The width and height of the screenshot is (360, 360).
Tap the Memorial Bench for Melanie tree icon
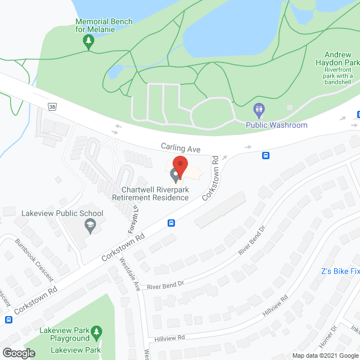[x=88, y=40]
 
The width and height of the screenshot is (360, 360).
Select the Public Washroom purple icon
[x=259, y=109]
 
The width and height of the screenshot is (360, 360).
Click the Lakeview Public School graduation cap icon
[x=89, y=226]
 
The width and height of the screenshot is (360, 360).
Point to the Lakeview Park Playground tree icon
[x=97, y=331]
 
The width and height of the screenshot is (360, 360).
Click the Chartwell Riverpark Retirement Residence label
[x=150, y=194]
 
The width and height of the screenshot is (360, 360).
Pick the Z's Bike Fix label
[x=340, y=271]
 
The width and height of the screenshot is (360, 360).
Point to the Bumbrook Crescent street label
[x=35, y=259]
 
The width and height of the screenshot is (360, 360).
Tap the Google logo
[x=19, y=353]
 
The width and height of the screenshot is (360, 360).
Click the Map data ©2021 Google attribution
[x=325, y=355]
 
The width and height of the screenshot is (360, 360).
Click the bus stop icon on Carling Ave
[x=265, y=155]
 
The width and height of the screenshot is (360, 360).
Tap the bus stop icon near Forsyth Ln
[x=172, y=223]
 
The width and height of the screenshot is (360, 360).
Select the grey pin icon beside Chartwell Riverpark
[x=175, y=178]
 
